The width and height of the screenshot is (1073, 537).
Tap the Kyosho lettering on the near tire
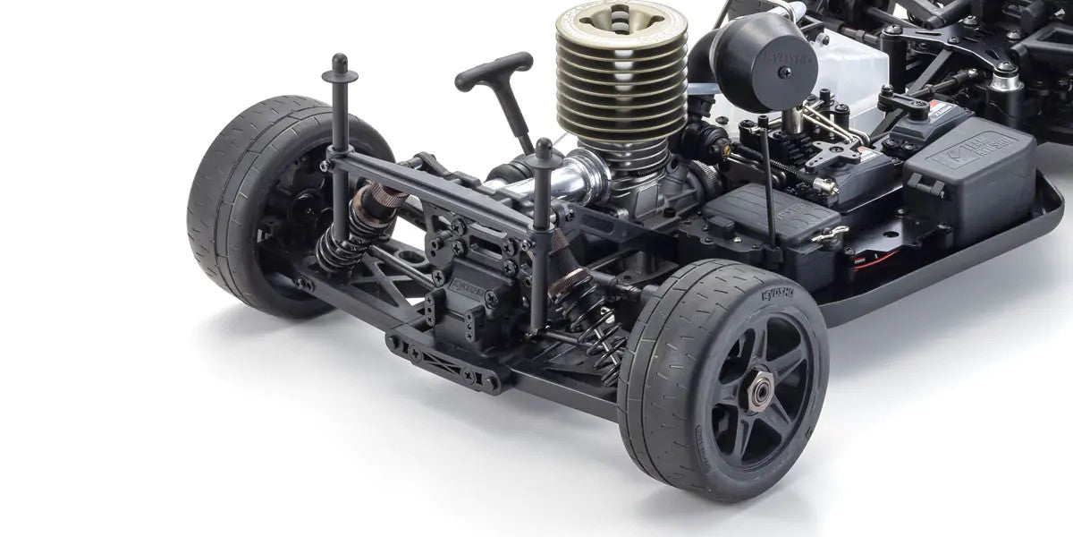(x=779, y=294)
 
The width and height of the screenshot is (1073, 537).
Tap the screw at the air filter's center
(x=783, y=72)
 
